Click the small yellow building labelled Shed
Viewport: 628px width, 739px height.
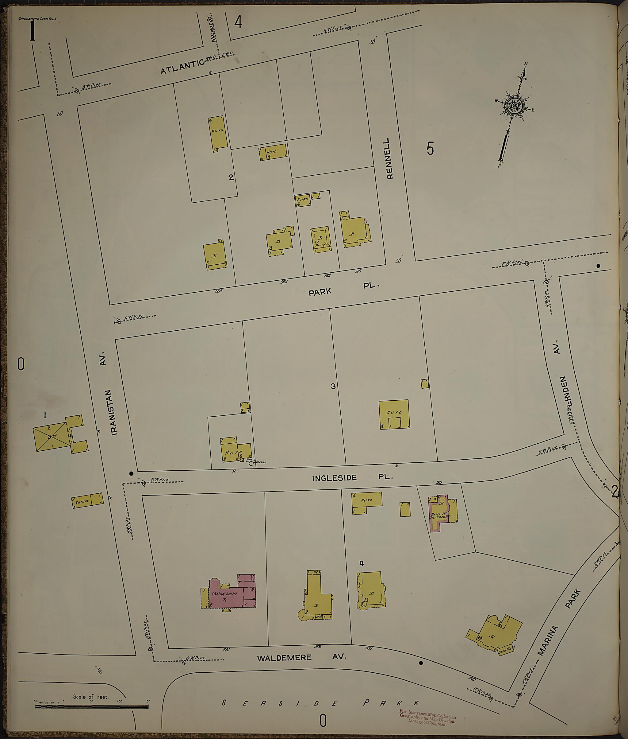(x=303, y=201)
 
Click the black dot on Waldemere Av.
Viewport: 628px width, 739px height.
(x=421, y=663)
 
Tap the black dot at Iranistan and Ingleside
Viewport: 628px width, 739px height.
(x=131, y=473)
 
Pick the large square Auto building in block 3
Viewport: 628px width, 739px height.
(x=394, y=414)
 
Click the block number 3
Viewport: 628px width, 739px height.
(x=333, y=386)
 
